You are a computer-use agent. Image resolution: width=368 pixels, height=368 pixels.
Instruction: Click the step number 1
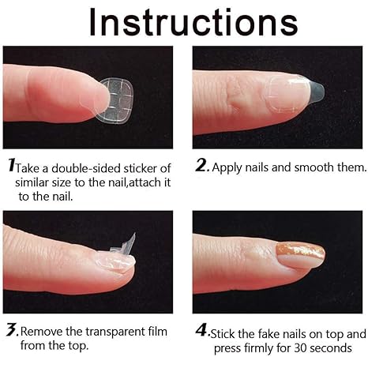pyautogui.click(x=11, y=167)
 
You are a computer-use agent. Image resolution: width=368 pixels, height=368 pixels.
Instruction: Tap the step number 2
pyautogui.click(x=201, y=167)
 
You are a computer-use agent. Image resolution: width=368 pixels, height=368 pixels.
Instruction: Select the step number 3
pyautogui.click(x=11, y=329)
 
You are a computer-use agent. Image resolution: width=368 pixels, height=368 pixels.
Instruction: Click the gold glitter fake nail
pyautogui.click(x=298, y=254)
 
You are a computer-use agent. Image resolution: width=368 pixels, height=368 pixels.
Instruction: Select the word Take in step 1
pyautogui.click(x=31, y=168)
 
